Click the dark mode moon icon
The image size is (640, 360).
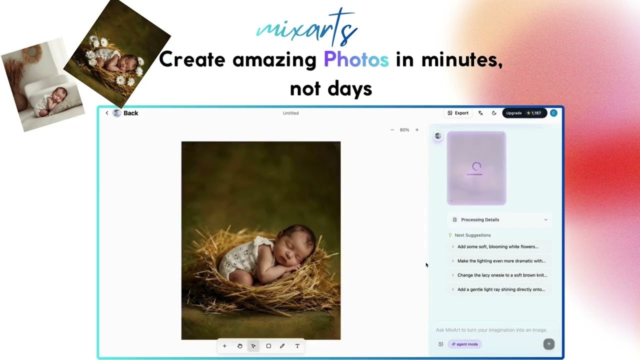click(494, 113)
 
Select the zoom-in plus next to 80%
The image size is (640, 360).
click(417, 130)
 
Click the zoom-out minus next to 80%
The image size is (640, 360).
click(392, 130)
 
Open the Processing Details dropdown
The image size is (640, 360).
click(499, 219)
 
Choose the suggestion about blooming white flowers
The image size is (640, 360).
click(497, 246)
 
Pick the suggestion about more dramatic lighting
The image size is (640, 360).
click(501, 261)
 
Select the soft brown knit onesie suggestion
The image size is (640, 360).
click(502, 275)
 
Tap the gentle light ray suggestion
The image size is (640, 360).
click(501, 289)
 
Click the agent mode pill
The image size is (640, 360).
click(465, 344)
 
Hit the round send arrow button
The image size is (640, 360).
click(548, 344)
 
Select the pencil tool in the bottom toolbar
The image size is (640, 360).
click(282, 346)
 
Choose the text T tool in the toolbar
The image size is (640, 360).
click(297, 346)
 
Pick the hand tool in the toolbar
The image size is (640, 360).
click(239, 346)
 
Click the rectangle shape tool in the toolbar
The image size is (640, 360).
click(268, 346)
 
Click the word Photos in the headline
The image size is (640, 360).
click(356, 60)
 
